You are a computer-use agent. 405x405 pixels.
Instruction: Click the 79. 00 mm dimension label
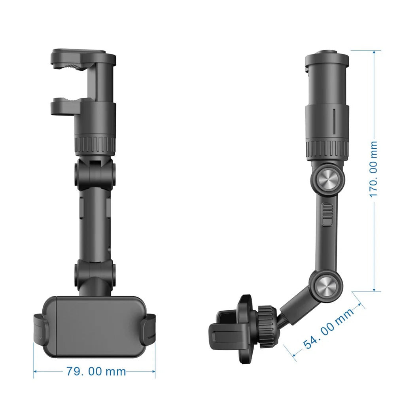click(96, 372)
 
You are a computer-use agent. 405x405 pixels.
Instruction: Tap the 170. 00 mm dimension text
click(373, 169)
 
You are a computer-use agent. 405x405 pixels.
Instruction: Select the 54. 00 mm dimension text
click(328, 329)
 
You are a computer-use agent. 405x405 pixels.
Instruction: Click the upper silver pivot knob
click(328, 179)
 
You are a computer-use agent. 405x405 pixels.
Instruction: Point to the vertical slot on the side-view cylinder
click(334, 122)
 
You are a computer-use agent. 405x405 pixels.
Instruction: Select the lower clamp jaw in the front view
click(66, 106)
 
